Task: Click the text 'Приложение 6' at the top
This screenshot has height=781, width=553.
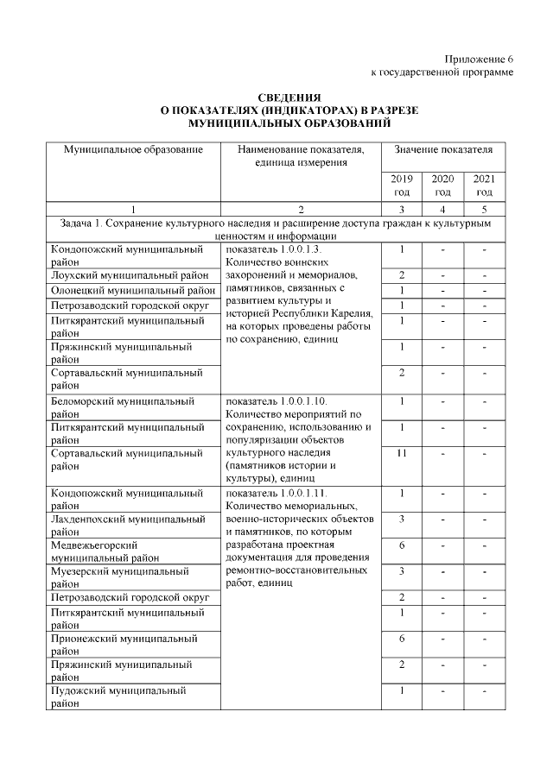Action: pos(479,58)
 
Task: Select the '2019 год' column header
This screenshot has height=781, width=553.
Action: pos(401,185)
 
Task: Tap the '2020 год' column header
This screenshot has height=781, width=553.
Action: pos(442,185)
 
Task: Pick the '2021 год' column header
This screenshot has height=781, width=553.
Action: pos(484,185)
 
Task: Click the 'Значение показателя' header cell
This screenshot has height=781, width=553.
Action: pos(442,150)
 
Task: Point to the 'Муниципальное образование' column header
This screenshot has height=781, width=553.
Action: pos(133,150)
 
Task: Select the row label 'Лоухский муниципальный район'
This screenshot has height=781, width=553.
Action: pos(130,274)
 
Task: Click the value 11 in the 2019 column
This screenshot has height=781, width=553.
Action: pos(401,452)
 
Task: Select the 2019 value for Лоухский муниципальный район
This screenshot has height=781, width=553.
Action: pos(401,274)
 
